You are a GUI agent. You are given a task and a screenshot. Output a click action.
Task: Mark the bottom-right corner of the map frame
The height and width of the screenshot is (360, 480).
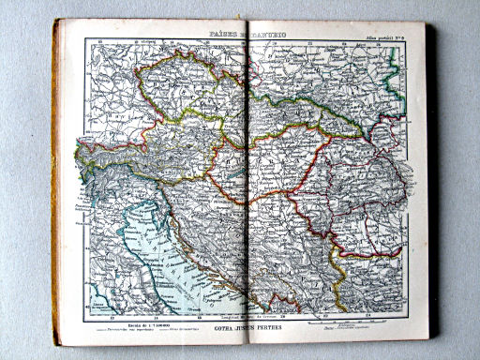[406, 313]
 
